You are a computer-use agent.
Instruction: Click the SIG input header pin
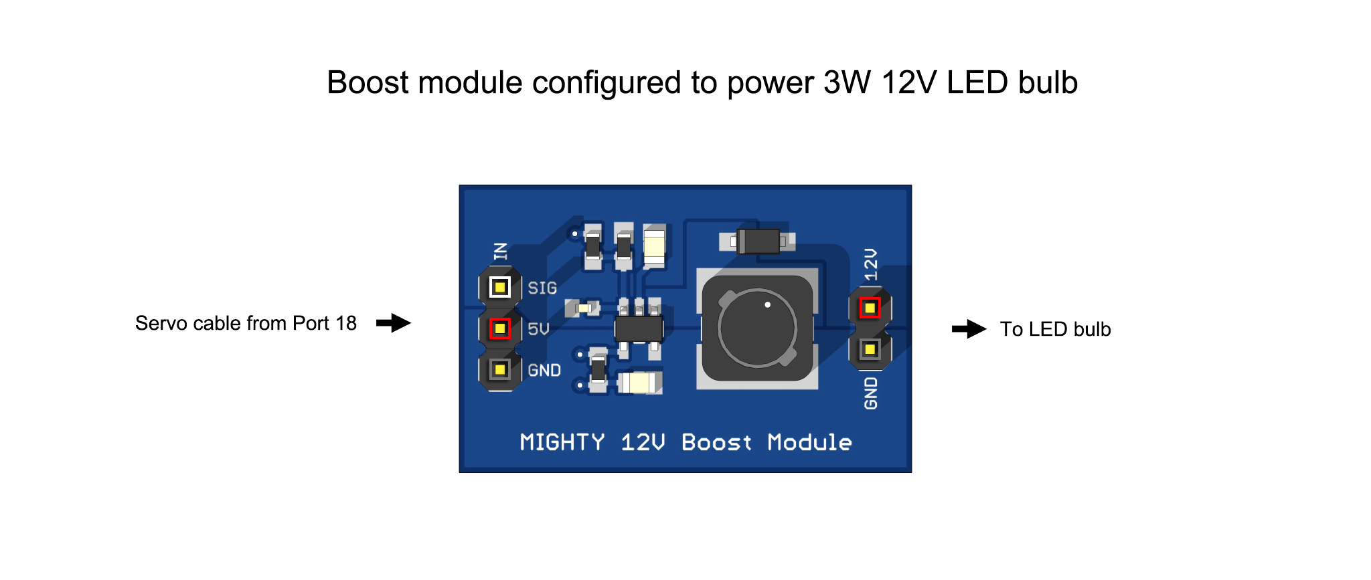tap(499, 288)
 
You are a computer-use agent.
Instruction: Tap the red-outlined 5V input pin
tap(499, 328)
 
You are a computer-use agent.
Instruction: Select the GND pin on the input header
tap(499, 369)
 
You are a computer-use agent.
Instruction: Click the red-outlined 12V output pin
tap(870, 308)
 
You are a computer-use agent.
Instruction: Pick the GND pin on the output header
tap(870, 349)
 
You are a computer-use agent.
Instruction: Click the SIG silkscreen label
tap(542, 288)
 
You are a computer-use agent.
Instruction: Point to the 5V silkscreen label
tap(538, 329)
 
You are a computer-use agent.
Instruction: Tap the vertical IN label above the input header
tap(501, 252)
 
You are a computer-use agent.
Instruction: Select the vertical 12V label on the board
tap(870, 264)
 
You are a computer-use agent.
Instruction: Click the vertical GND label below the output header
tap(870, 393)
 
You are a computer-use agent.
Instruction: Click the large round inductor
tap(757, 328)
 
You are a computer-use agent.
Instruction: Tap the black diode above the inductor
tap(758, 241)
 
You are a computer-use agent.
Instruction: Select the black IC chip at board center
tap(639, 328)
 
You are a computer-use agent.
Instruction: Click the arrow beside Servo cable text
tap(394, 323)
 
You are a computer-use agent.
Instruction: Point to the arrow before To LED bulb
tap(969, 329)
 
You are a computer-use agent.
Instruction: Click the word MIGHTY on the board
tap(562, 442)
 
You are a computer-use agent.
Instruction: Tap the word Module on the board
tap(810, 442)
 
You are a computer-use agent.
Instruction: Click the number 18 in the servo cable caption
tap(346, 323)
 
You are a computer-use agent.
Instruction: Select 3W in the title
tap(847, 82)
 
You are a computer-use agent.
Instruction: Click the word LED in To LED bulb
tap(1042, 329)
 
